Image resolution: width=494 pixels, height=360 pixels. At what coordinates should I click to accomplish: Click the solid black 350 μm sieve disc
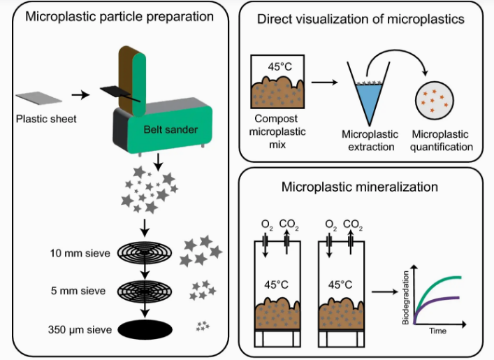(145, 329)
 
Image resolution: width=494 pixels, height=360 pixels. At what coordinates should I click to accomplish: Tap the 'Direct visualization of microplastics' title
(361, 19)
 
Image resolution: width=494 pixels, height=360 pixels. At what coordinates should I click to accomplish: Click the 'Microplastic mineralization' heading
(360, 187)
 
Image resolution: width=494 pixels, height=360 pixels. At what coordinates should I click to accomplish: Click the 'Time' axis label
(438, 331)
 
